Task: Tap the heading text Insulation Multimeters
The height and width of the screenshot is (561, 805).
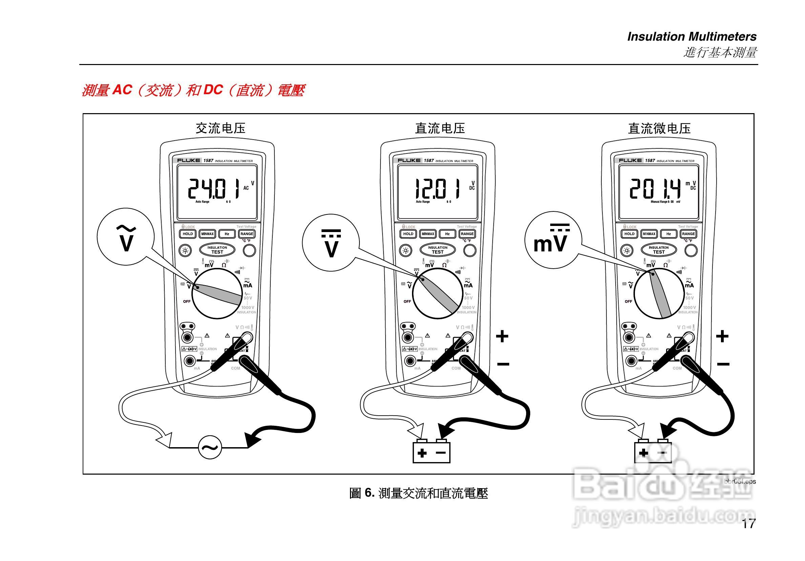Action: coord(692,37)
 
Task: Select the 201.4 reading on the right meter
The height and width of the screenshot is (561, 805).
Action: coord(655,189)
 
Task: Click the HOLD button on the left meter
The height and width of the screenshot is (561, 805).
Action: coord(188,234)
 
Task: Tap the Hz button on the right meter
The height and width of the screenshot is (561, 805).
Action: coord(668,234)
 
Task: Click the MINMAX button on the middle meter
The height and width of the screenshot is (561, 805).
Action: coord(428,234)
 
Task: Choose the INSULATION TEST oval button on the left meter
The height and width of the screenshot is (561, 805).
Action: coord(217,250)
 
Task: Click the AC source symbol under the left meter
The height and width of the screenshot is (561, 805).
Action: coord(210,448)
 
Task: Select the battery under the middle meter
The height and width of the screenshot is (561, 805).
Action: coord(431,452)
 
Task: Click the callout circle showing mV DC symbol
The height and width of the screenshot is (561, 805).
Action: coord(553,240)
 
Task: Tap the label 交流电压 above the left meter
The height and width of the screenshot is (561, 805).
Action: coord(220,128)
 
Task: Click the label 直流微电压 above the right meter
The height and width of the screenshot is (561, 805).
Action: coord(659,128)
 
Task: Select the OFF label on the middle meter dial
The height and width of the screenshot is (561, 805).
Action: coord(407,302)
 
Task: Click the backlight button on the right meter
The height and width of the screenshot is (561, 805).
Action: coord(627,250)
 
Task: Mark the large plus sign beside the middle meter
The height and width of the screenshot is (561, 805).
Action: coord(502,336)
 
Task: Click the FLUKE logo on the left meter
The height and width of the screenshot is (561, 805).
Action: coord(188,160)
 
